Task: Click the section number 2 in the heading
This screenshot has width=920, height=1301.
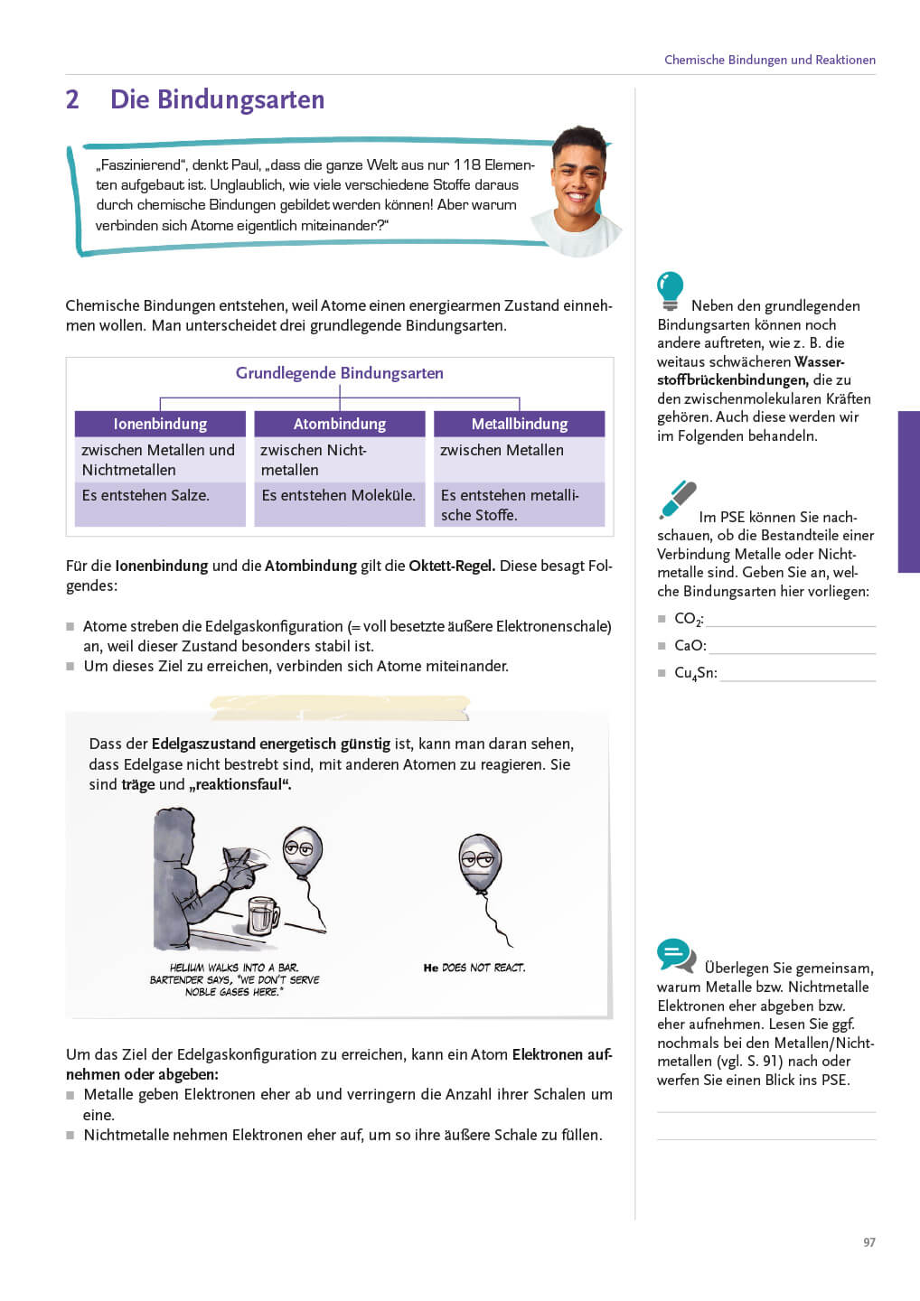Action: pos(72,99)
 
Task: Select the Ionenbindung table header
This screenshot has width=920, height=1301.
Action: pos(160,424)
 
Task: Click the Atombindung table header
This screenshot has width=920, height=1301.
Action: pos(340,424)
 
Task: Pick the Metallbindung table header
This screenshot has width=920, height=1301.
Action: pos(520,424)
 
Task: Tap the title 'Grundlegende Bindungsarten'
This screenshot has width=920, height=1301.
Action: pos(340,373)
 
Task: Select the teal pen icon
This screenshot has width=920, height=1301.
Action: pos(677,500)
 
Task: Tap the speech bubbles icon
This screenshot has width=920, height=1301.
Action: pos(676,955)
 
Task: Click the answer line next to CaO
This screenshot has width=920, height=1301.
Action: pos(793,647)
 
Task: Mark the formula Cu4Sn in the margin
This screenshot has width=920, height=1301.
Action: pos(695,673)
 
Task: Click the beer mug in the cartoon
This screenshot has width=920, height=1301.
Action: pos(263,914)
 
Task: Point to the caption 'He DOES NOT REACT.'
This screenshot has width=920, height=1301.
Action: pos(474,968)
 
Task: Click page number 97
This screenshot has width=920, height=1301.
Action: pos(869,1242)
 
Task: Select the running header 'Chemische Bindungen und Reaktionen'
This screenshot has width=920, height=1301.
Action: pos(770,60)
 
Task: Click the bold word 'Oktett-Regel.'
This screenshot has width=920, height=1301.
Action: pos(452,566)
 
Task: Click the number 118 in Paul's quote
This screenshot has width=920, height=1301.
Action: pos(467,164)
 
